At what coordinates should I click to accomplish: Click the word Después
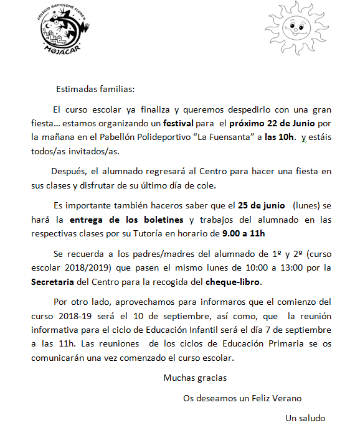point(70,170)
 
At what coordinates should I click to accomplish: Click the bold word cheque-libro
point(234,282)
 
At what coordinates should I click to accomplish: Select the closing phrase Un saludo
point(305,417)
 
